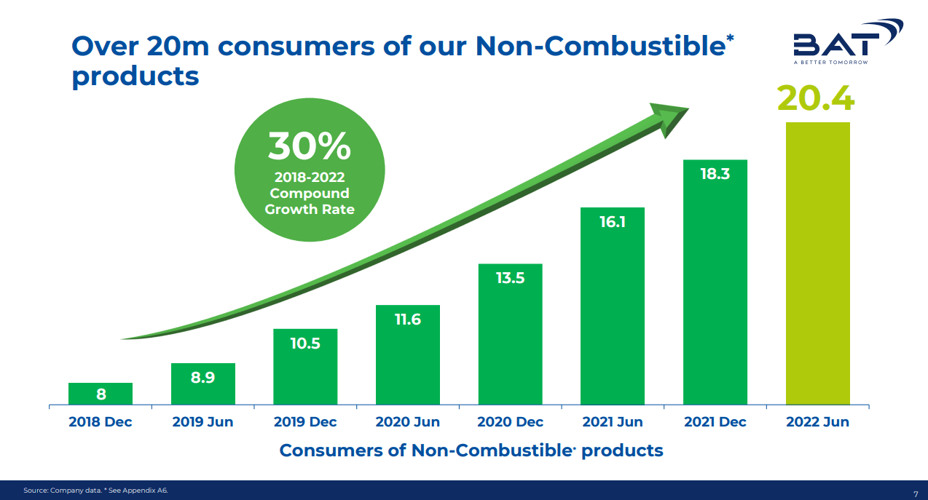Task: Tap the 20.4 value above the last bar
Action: click(x=816, y=98)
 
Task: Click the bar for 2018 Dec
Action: click(x=101, y=394)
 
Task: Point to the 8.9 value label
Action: click(x=202, y=377)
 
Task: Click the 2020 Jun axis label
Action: click(x=407, y=422)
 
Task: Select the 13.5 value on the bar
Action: click(x=510, y=278)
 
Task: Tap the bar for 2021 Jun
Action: click(x=613, y=306)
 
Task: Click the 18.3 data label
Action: click(x=715, y=174)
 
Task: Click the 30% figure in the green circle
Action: click(x=309, y=146)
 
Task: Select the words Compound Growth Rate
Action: click(x=310, y=202)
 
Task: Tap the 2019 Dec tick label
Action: click(x=305, y=422)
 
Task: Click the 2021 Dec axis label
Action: click(x=715, y=422)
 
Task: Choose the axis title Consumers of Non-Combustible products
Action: click(x=471, y=451)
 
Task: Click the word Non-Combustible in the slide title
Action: click(x=600, y=47)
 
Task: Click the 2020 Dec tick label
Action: click(x=510, y=422)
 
